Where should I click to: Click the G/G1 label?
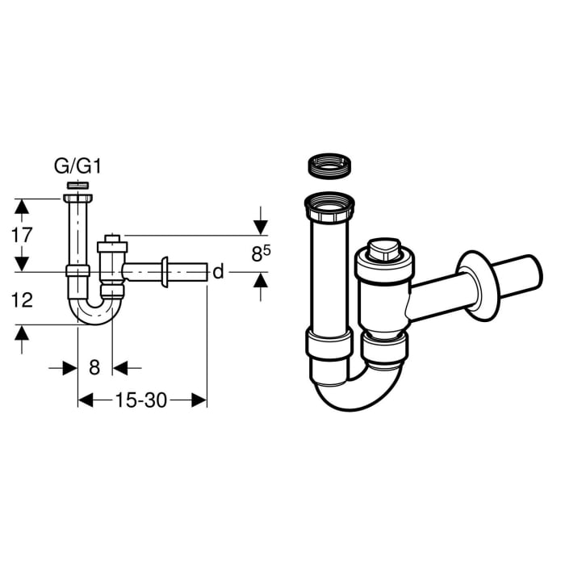click(77, 168)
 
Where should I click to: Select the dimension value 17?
click(23, 236)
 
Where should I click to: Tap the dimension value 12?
click(23, 300)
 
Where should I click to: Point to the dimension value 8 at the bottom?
click(94, 368)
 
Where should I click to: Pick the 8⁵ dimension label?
click(260, 254)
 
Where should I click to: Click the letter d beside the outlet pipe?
click(217, 272)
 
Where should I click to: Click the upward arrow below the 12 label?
click(23, 333)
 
